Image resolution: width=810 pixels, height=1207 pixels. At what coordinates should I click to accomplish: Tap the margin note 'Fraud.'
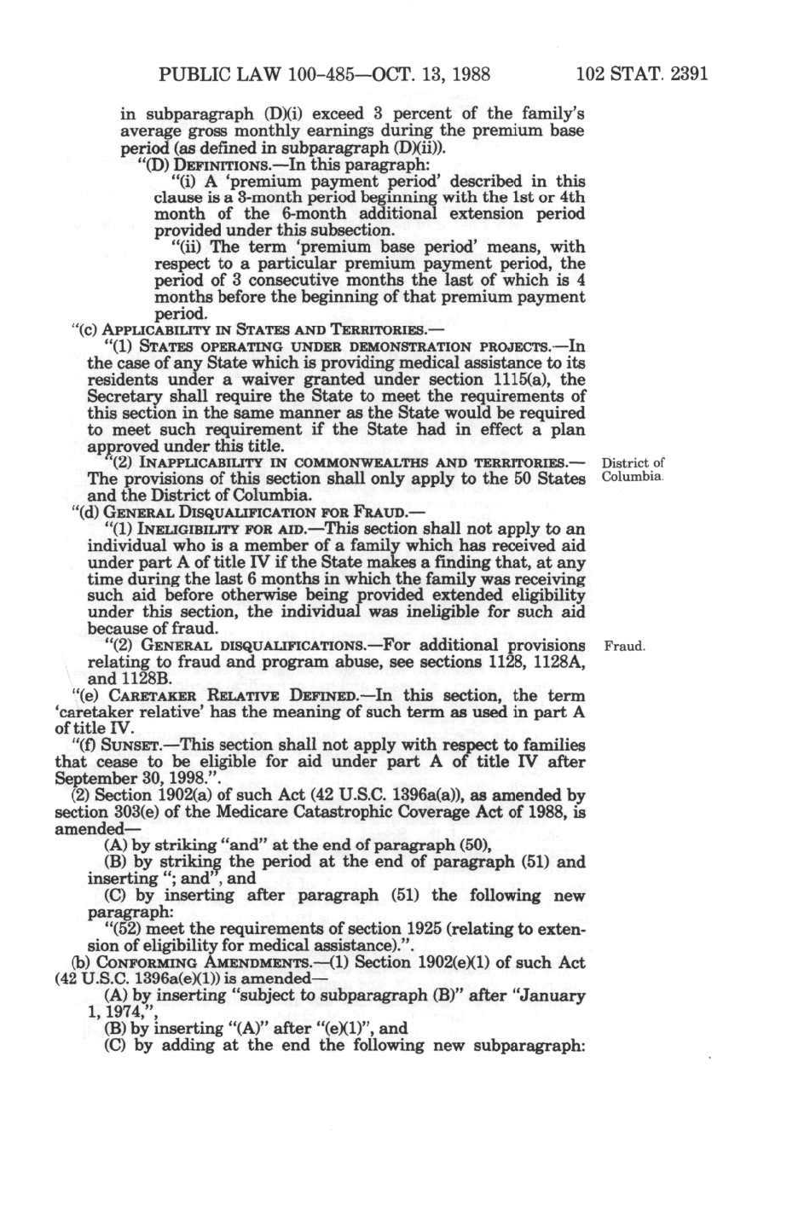(x=624, y=647)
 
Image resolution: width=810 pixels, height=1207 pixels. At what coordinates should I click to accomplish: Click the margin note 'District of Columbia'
(x=633, y=470)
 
